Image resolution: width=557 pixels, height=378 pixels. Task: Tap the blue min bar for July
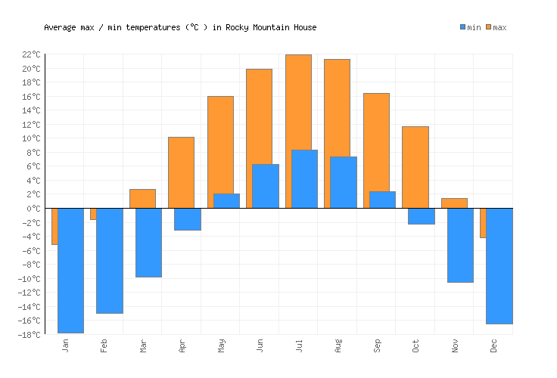304,179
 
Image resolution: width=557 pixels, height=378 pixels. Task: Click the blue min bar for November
460,245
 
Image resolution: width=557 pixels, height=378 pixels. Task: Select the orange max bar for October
415,167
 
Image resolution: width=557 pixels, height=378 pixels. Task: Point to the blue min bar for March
148,243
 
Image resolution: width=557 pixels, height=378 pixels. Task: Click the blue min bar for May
226,201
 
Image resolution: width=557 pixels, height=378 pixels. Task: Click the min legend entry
470,28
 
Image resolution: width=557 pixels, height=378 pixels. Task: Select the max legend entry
496,28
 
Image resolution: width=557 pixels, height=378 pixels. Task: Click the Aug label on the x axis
338,346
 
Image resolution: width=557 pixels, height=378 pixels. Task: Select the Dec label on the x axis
494,346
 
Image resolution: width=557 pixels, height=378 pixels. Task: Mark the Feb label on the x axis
104,346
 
